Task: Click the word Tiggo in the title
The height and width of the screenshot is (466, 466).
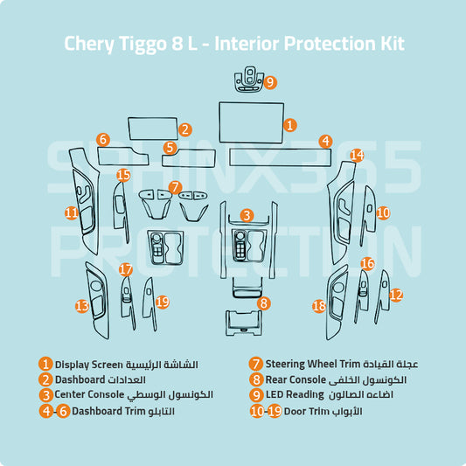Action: [x=143, y=44]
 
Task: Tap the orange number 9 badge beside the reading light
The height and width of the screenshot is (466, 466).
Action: [x=270, y=82]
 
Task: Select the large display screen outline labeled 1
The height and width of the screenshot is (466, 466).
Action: [x=252, y=122]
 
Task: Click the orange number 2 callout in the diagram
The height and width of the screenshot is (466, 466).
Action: [x=184, y=129]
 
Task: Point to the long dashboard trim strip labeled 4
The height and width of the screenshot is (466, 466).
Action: [x=281, y=157]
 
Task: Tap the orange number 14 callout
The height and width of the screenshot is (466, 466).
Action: [x=357, y=155]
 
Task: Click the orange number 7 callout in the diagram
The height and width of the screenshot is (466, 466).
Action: [x=175, y=187]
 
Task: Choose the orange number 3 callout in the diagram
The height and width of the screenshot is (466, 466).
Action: [x=247, y=215]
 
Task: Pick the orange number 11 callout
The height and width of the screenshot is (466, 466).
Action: [x=72, y=212]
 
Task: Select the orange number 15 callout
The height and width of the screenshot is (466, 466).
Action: [x=123, y=175]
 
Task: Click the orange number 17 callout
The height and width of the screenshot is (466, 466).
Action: [x=126, y=269]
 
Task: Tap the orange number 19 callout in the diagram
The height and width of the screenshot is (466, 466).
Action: [x=163, y=302]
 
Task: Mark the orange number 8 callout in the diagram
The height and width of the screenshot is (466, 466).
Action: [x=264, y=303]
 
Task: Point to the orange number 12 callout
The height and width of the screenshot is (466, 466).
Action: [x=396, y=296]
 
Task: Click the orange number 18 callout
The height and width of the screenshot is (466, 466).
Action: [x=319, y=306]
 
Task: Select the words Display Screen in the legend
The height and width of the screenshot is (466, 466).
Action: [x=89, y=365]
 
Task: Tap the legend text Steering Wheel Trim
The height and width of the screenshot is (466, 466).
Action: [x=312, y=364]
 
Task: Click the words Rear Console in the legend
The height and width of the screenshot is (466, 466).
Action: [x=296, y=379]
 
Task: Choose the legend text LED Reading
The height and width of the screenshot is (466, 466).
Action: [x=295, y=395]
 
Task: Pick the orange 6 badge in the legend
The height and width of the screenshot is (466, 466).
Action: [x=63, y=411]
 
